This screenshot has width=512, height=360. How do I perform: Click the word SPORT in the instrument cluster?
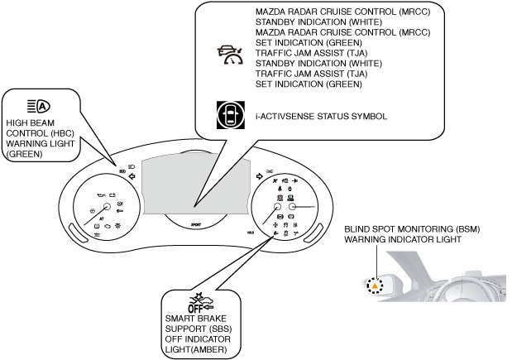click(196, 224)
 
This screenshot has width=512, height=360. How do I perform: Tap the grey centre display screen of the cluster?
click(194, 182)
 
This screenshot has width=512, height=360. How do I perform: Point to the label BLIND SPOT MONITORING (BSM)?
click(411, 229)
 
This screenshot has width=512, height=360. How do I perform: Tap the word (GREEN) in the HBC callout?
click(23, 154)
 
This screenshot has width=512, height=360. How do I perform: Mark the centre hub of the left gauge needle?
click(105, 207)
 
